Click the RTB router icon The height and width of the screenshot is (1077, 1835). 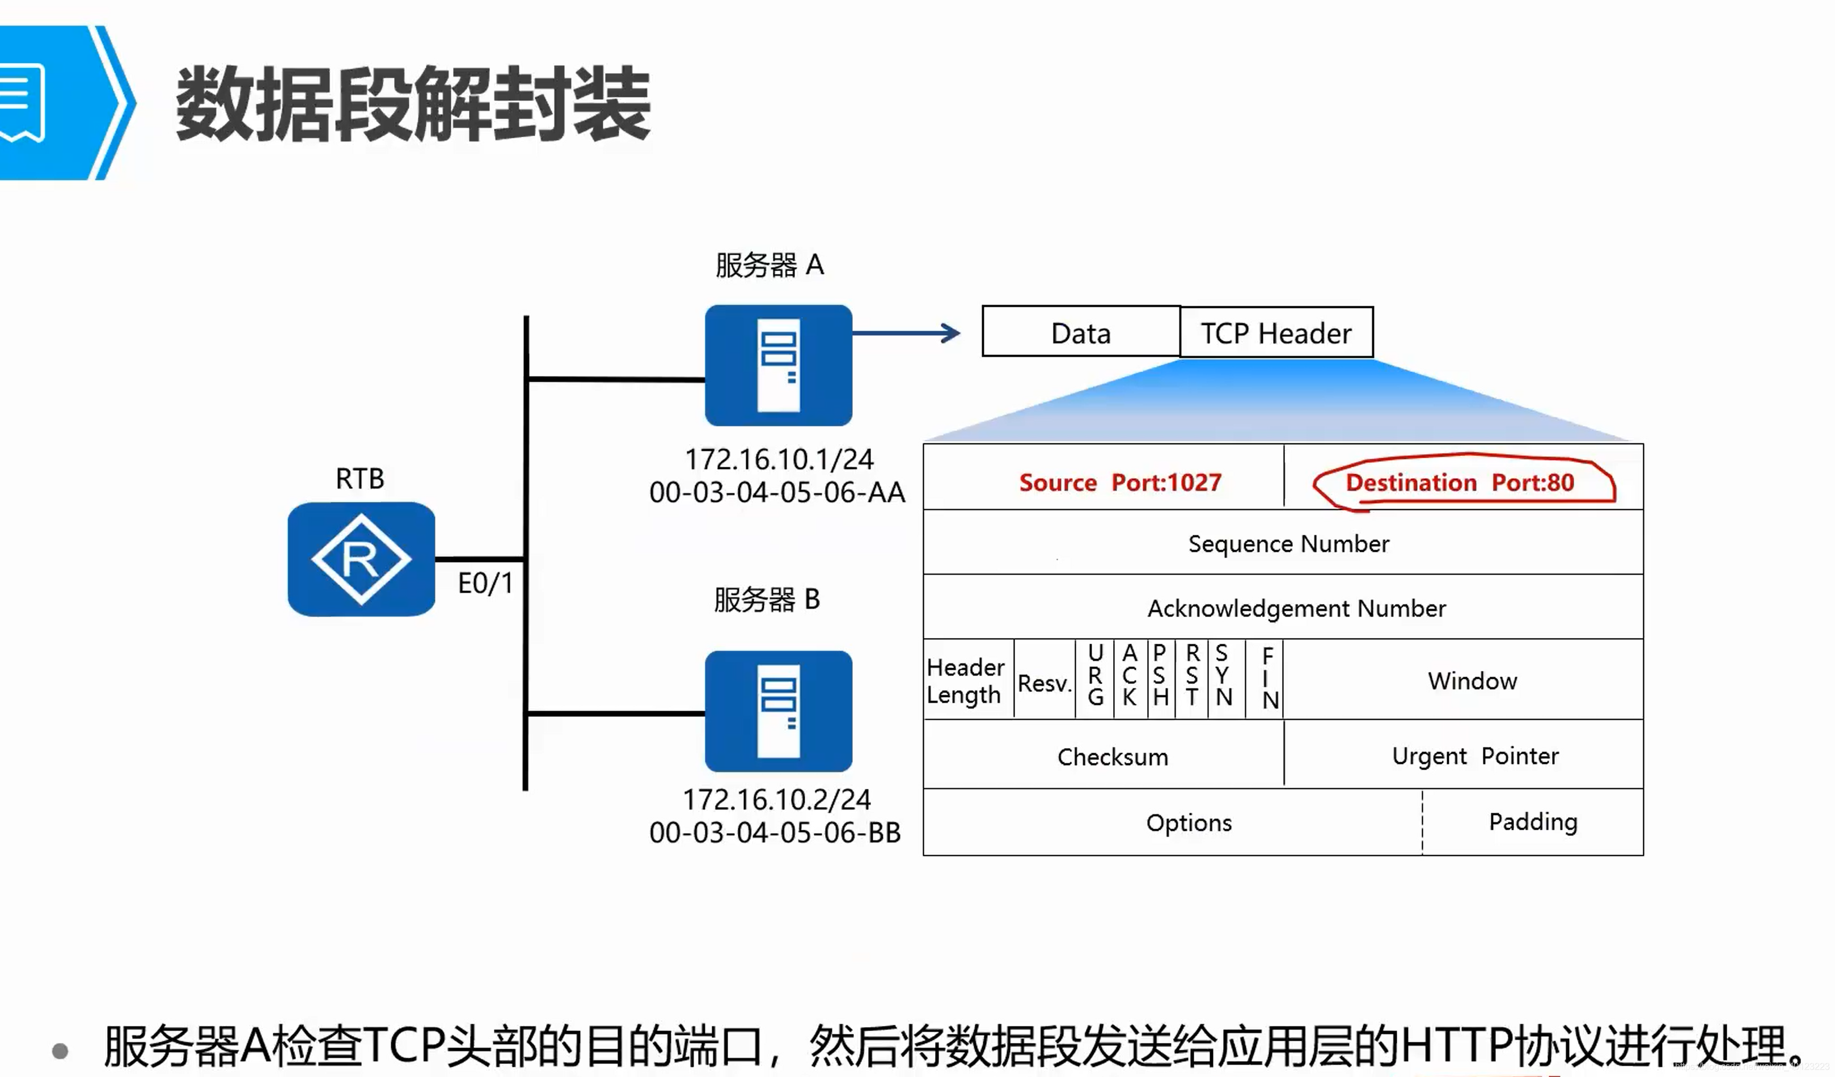point(361,559)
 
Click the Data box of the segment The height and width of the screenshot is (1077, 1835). point(1081,333)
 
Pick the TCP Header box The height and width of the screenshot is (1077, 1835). point(1276,333)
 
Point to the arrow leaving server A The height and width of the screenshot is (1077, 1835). point(907,333)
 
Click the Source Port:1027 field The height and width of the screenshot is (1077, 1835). point(1119,482)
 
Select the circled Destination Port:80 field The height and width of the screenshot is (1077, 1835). point(1460,482)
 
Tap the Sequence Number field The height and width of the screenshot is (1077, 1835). point(1288,543)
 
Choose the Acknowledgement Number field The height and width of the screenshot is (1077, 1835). point(1296,608)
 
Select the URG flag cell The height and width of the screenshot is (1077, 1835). point(1095,675)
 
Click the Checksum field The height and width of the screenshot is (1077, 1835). point(1112,757)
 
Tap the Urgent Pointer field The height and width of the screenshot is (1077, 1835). point(1474,756)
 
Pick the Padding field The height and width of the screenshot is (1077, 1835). point(1533,821)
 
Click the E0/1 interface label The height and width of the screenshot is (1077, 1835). point(485,583)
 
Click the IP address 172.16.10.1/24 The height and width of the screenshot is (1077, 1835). point(779,459)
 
